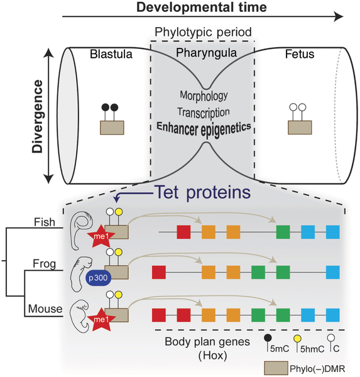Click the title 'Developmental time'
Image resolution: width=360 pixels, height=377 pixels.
202,7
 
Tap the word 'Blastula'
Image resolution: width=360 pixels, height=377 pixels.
111,54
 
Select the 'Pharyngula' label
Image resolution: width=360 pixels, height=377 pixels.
206,53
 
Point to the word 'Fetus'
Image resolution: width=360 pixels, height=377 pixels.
300,54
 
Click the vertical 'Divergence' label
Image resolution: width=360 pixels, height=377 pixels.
38,116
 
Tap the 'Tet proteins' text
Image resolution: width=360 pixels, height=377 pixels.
203,192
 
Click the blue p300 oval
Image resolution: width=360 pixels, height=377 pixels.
98,278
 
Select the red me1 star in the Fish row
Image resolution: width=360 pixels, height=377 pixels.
101,236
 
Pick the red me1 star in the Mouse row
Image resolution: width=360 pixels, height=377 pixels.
101,320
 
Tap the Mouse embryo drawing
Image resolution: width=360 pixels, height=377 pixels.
79,315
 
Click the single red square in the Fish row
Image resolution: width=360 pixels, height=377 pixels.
183,232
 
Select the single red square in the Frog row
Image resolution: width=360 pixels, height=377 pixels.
159,273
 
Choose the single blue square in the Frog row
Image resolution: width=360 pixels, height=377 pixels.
333,273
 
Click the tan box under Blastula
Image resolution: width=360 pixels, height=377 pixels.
112,128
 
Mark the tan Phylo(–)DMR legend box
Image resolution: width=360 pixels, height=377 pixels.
276,368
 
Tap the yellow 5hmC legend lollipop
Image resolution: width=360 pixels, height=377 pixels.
297,343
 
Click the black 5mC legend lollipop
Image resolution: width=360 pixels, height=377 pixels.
268,343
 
